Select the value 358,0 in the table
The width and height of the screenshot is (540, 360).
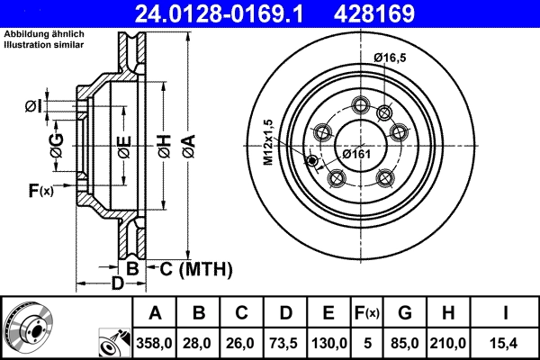click(x=154, y=343)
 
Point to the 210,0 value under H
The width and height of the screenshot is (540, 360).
click(x=449, y=343)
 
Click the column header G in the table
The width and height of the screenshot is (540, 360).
click(x=404, y=313)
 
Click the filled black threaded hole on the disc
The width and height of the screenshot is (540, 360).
click(x=312, y=161)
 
